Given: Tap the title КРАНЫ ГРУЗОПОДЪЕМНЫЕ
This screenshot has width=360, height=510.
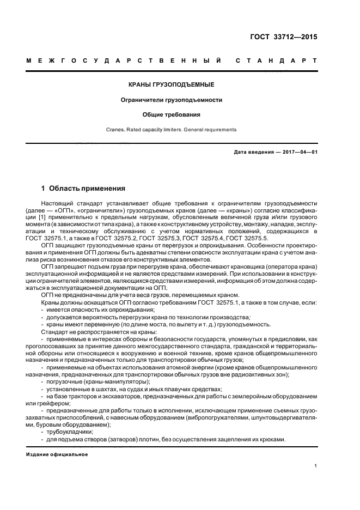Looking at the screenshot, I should (x=171, y=85).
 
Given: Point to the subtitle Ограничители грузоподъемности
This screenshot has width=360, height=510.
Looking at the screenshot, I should (x=171, y=100).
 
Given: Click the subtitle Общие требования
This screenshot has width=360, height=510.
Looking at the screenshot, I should (x=171, y=115).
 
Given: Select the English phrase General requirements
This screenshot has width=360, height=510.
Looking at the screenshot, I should (x=211, y=130).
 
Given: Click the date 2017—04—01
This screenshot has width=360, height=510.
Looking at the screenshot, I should (x=297, y=152).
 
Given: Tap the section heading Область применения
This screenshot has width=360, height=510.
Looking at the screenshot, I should (x=87, y=189).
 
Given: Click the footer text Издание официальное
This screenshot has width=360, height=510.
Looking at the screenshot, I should (x=57, y=454).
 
